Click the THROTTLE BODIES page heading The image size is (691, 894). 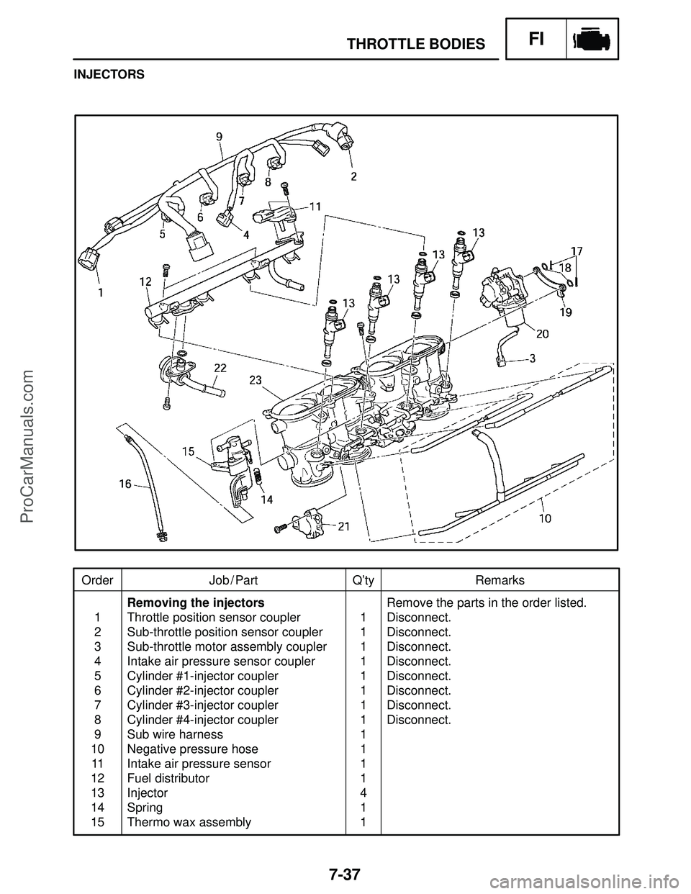coord(416,45)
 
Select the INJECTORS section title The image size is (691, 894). coord(108,74)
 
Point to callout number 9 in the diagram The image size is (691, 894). coord(219,135)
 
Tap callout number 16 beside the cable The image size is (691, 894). coord(125,484)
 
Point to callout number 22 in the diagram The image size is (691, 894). coord(220,368)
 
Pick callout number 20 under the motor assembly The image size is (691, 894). coord(542,333)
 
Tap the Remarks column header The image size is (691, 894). coord(500,580)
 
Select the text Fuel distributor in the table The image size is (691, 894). coord(168,778)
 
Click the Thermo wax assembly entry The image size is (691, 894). coord(189,822)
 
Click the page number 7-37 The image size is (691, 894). coord(345,874)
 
